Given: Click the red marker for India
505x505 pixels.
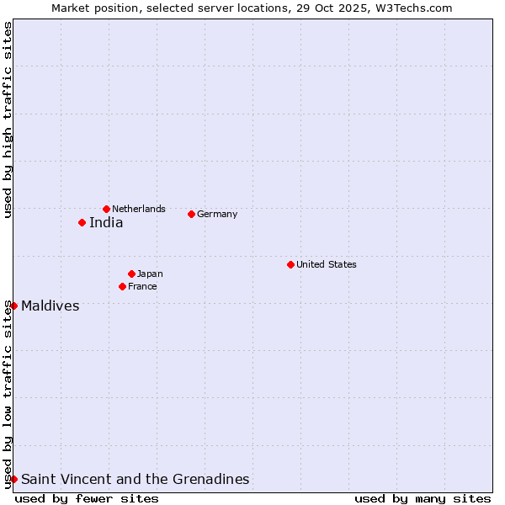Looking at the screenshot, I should [82, 222].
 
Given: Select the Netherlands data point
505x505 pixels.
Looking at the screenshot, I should [106, 209].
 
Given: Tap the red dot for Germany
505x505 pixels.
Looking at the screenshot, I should [191, 214].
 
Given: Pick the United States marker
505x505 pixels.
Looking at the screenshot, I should [290, 264].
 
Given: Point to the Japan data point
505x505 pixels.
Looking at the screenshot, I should [131, 274].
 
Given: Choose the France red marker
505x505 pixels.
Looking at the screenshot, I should [122, 286].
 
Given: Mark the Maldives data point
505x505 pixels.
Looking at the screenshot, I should [13, 306].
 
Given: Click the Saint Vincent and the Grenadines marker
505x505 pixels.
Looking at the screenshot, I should [13, 479].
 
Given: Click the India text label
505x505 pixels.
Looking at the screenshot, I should [106, 223].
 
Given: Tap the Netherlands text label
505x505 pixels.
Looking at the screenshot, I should [139, 209].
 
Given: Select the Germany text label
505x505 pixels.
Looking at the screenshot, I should [217, 214].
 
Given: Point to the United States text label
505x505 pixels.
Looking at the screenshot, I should [327, 264].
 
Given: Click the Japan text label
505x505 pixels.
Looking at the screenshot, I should [150, 274].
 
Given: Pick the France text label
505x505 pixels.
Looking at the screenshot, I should [142, 286].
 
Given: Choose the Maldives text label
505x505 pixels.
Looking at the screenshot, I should [50, 306].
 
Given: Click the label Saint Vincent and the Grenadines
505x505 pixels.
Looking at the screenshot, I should [136, 480].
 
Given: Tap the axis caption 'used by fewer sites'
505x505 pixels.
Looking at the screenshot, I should [87, 498].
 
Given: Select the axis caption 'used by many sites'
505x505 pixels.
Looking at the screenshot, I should [423, 498].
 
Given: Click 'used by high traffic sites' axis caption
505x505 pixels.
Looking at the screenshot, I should [8, 120].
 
